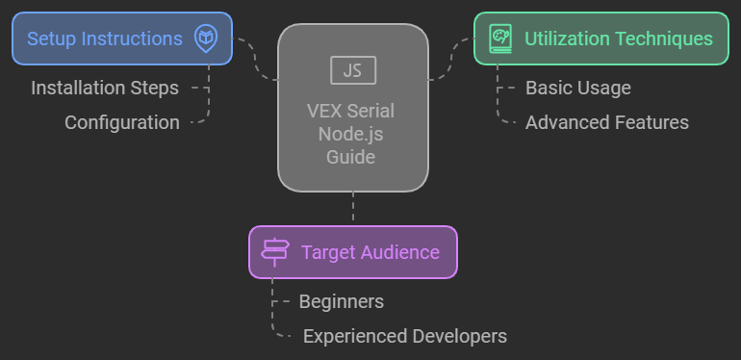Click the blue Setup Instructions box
[x=121, y=39]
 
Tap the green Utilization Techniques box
[x=600, y=39]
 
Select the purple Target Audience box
[x=352, y=252]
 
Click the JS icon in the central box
[x=352, y=70]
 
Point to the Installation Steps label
[x=105, y=88]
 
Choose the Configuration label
[x=122, y=122]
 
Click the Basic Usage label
[x=578, y=88]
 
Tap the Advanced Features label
[x=607, y=122]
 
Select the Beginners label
[x=342, y=301]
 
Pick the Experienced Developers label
[x=405, y=336]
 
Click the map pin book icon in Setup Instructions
[x=205, y=39]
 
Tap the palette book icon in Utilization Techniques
[x=500, y=39]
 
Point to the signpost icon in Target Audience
[x=275, y=252]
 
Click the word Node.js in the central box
[x=352, y=134]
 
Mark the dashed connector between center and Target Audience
[x=353, y=208]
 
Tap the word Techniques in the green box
[x=664, y=39]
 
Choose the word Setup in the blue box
[x=52, y=39]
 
